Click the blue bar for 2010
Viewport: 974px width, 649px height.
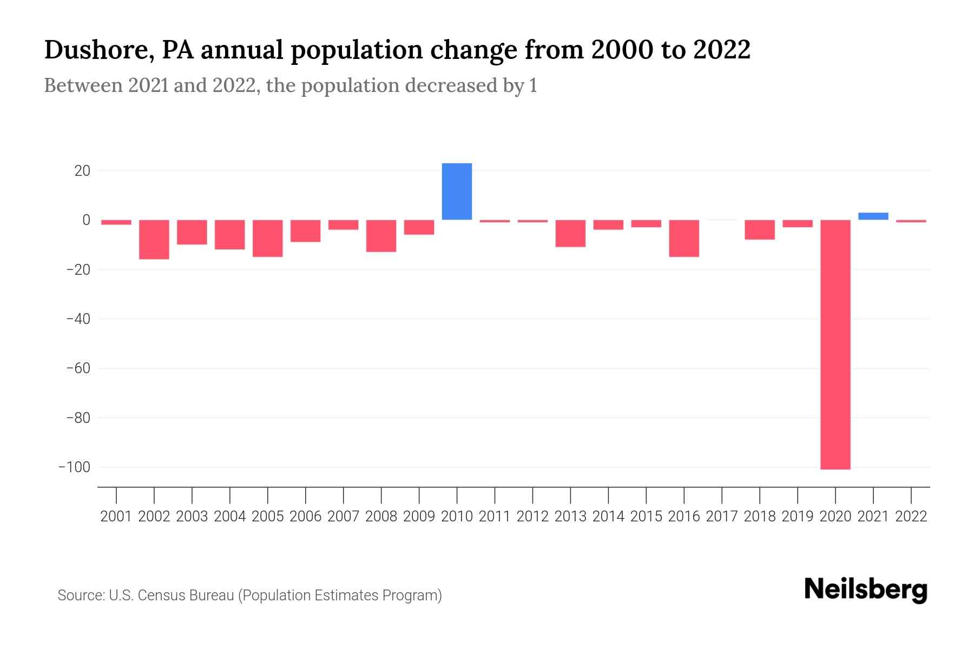(457, 191)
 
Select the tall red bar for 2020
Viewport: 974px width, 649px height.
(835, 345)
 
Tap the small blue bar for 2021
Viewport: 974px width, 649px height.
(873, 216)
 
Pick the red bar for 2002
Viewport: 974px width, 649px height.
(154, 239)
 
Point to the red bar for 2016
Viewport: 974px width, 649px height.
(684, 238)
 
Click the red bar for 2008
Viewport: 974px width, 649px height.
(381, 236)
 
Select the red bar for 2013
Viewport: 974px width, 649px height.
(570, 233)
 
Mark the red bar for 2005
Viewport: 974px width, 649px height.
(268, 238)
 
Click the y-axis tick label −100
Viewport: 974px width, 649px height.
(74, 467)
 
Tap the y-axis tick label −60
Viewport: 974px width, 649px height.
(78, 368)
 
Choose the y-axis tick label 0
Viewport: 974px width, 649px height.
(86, 220)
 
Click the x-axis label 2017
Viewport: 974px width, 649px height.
(722, 516)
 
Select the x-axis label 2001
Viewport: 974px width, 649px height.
(116, 516)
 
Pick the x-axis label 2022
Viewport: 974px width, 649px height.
(911, 516)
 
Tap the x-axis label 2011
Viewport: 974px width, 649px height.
(495, 516)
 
